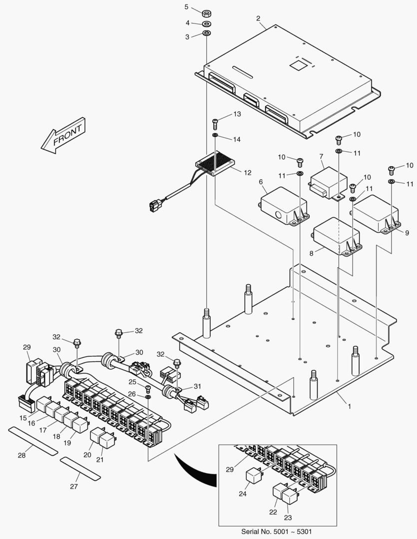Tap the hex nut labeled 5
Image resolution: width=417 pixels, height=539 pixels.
coord(206,11)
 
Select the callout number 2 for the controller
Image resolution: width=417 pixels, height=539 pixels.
coord(258,18)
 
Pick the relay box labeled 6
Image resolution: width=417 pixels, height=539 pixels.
coord(282,205)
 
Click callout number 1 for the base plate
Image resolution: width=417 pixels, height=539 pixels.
coord(349,406)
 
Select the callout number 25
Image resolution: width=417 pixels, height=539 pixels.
coord(132,382)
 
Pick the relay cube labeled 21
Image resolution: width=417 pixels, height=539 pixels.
coord(107,440)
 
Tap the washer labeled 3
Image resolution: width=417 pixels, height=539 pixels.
coord(206,33)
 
